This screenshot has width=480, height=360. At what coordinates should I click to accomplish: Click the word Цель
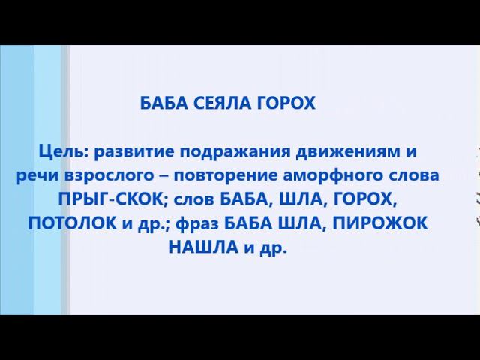pos(61,152)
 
